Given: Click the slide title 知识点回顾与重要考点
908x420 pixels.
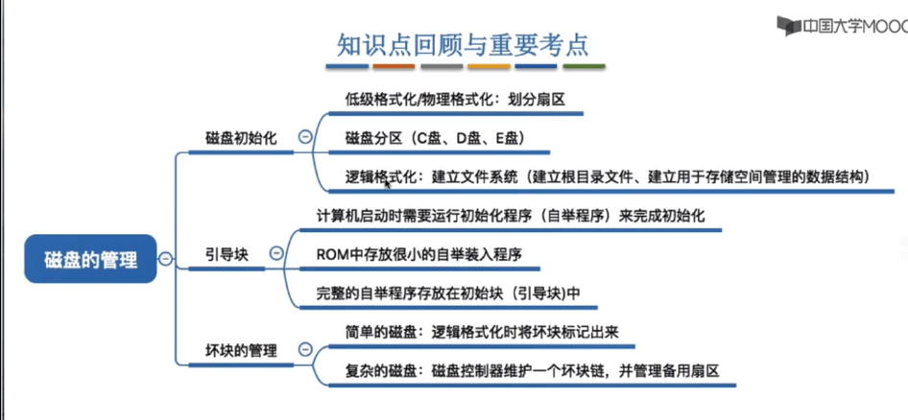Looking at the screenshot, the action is [463, 45].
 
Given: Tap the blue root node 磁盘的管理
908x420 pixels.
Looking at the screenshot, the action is [90, 259].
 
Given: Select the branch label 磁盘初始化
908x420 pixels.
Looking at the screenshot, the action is [241, 139].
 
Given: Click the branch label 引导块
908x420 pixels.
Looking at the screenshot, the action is [227, 254].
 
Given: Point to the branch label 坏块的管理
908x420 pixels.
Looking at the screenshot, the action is [241, 350].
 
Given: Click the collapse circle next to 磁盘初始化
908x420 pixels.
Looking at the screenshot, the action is [304, 137].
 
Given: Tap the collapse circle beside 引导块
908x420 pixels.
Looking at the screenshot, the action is [276, 253].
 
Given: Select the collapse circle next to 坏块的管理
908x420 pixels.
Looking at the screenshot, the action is [304, 349].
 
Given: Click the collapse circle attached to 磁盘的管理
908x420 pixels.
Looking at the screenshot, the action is [166, 259].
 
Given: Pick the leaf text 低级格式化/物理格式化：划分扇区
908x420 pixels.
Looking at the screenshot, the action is [455, 100].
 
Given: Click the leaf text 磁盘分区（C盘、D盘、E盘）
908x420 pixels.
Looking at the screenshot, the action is [435, 138].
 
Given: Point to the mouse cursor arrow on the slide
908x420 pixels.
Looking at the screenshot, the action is [388, 183].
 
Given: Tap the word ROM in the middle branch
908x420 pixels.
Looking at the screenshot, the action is [330, 254].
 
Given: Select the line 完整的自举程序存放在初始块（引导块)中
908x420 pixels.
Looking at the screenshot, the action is [448, 293].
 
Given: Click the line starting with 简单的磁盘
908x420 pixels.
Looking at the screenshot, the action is [483, 332].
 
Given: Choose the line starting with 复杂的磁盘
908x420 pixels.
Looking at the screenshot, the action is [532, 370].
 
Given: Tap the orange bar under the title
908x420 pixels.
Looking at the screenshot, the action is [394, 66].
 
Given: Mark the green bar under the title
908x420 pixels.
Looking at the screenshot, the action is [584, 66].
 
